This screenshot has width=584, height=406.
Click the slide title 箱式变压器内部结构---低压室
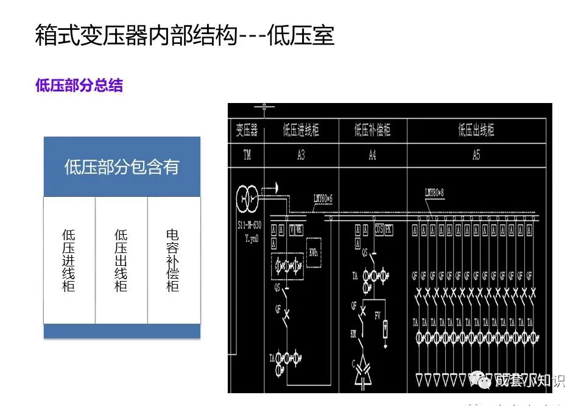tap(185, 35)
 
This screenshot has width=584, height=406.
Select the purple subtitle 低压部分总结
tap(79, 86)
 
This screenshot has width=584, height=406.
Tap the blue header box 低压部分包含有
tap(122, 167)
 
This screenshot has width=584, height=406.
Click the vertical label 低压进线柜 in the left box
tap(69, 260)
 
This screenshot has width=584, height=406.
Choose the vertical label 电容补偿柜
tap(174, 260)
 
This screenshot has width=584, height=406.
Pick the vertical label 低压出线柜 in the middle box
tap(121, 260)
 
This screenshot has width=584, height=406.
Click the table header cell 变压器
tap(247, 130)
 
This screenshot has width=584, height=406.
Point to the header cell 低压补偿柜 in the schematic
tap(372, 130)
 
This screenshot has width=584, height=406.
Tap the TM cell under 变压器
tap(247, 155)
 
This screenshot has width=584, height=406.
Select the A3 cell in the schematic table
tap(301, 155)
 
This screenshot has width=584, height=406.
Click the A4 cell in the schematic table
tap(372, 155)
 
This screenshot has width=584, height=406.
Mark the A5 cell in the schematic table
tap(476, 155)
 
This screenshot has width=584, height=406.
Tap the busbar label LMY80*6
tap(323, 198)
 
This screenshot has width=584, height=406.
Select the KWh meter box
tap(314, 252)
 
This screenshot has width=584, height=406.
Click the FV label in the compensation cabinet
tap(378, 315)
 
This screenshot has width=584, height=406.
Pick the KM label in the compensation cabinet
tap(354, 335)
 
